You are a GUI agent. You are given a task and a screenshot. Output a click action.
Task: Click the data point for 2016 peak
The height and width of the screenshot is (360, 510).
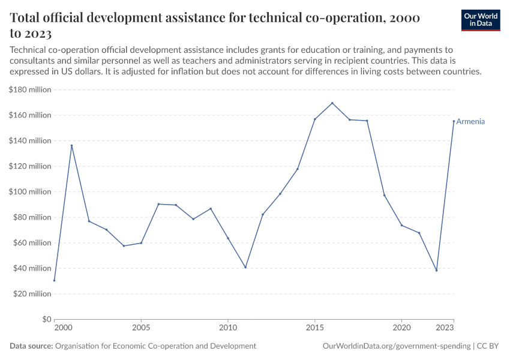(x=332, y=103)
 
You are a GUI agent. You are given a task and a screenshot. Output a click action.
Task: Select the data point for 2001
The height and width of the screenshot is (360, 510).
(x=71, y=145)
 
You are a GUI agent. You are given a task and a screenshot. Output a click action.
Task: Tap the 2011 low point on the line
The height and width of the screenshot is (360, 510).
(x=245, y=267)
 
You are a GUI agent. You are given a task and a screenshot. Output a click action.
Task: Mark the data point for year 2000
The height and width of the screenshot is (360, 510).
(x=54, y=280)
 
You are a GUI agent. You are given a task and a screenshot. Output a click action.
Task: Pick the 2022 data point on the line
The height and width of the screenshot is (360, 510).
(x=436, y=270)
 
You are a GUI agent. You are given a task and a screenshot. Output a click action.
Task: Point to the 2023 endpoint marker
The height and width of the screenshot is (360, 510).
(x=454, y=121)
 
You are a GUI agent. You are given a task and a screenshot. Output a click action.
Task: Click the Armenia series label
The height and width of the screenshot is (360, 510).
(x=470, y=122)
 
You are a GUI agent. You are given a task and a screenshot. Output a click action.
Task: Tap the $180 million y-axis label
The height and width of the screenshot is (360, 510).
(x=30, y=90)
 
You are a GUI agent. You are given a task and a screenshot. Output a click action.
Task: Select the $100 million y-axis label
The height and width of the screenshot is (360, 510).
(x=30, y=192)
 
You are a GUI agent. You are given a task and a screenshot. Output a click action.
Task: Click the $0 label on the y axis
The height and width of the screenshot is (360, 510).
(x=46, y=319)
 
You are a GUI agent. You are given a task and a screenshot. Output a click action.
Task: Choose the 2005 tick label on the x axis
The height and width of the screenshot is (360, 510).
(x=141, y=328)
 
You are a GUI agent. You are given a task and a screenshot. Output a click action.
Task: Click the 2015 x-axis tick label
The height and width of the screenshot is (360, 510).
(x=315, y=328)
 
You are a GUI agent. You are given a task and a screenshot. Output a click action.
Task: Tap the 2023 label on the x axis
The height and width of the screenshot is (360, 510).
(x=445, y=328)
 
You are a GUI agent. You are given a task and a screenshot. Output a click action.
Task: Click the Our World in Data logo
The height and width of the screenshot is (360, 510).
(x=480, y=20)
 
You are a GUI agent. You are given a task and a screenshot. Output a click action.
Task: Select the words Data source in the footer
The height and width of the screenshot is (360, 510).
(x=31, y=346)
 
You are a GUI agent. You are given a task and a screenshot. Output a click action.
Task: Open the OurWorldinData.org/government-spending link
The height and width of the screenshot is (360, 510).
(x=396, y=346)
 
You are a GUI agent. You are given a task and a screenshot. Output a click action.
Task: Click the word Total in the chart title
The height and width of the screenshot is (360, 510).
(x=28, y=18)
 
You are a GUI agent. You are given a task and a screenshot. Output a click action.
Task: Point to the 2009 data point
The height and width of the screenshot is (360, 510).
(x=211, y=208)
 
